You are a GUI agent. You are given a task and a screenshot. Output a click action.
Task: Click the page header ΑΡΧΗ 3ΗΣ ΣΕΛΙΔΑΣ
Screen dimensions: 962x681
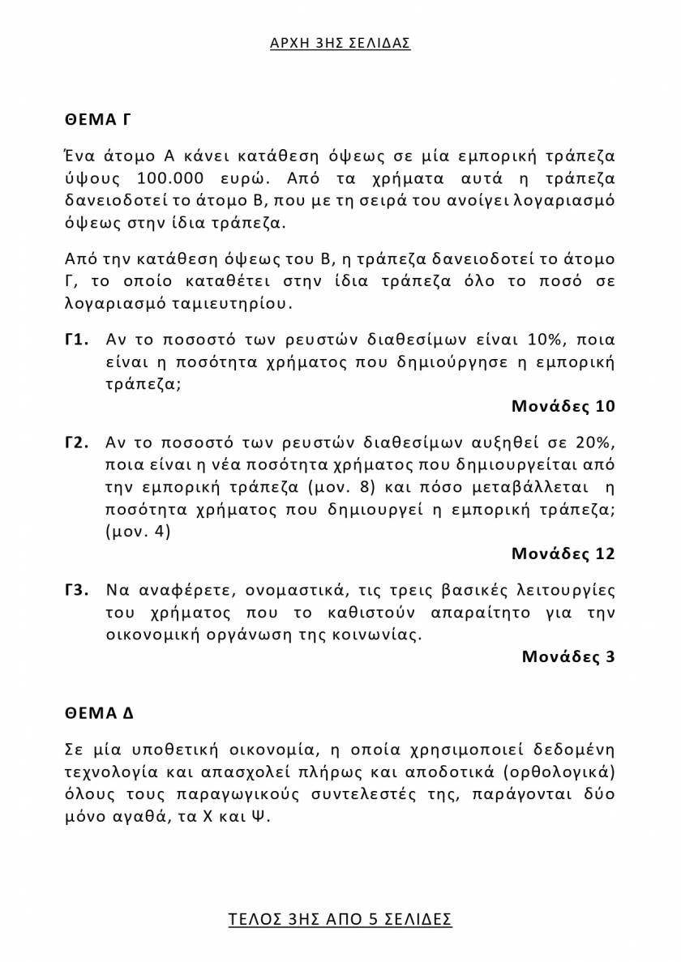coord(340,43)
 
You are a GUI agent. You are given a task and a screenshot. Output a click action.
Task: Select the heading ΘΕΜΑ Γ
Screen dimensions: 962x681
coord(98,120)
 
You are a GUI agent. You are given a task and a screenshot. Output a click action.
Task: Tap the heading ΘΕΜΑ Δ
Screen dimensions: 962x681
coord(99,713)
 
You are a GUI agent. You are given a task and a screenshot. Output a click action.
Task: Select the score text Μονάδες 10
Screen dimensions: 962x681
coord(563,406)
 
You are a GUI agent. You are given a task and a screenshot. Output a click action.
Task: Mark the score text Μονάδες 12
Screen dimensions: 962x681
coord(563,554)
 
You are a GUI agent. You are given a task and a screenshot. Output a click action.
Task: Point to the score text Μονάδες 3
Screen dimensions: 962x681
coord(568,656)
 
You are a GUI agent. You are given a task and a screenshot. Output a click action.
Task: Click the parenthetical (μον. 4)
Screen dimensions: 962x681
coord(138,532)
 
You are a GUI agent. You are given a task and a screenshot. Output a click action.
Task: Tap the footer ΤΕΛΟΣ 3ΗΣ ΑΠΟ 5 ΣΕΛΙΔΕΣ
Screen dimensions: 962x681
coord(340,919)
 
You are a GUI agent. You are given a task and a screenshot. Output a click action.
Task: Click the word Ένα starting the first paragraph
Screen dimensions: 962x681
coord(81,156)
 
